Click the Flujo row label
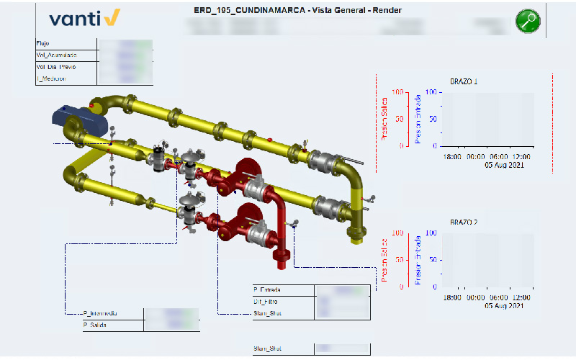click(42, 44)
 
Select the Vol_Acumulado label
click(56, 55)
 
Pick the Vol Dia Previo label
click(56, 66)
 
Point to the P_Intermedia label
click(100, 313)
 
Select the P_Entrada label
click(266, 289)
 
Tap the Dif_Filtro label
click(266, 301)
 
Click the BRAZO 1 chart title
click(464, 81)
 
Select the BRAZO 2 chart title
click(464, 222)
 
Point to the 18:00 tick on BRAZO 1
click(452, 156)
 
